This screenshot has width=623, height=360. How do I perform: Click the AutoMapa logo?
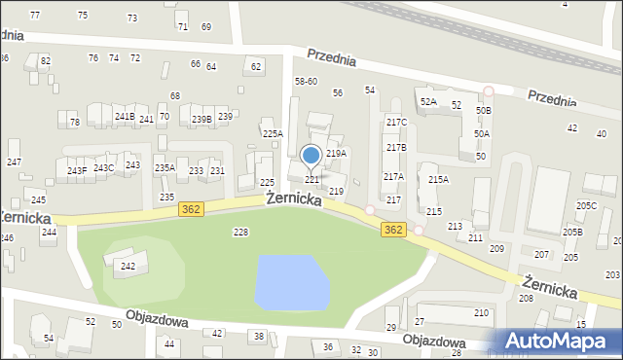[x=561, y=341]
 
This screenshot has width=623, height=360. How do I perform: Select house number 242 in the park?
[x=128, y=266]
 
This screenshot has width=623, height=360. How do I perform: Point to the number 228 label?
[x=240, y=232]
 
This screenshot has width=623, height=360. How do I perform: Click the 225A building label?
[x=273, y=134]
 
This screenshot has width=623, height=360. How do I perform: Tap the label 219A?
[x=336, y=154]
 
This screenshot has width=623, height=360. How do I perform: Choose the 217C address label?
[x=396, y=123]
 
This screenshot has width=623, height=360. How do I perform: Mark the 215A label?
[x=438, y=180]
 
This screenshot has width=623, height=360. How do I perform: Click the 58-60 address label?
[x=306, y=82]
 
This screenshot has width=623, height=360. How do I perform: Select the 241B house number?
[x=125, y=117]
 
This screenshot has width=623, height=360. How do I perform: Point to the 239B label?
[x=202, y=120]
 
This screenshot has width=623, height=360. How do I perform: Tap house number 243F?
[x=77, y=171]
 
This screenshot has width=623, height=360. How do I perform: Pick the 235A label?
[x=165, y=168]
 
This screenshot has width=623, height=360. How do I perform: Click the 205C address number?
[x=586, y=206]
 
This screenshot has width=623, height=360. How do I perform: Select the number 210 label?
[x=481, y=312]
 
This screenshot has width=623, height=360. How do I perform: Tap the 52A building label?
[x=428, y=102]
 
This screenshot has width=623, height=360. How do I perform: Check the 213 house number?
[x=455, y=227]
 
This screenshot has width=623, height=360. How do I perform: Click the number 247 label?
[x=14, y=161]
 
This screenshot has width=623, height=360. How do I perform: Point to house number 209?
[x=496, y=249]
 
